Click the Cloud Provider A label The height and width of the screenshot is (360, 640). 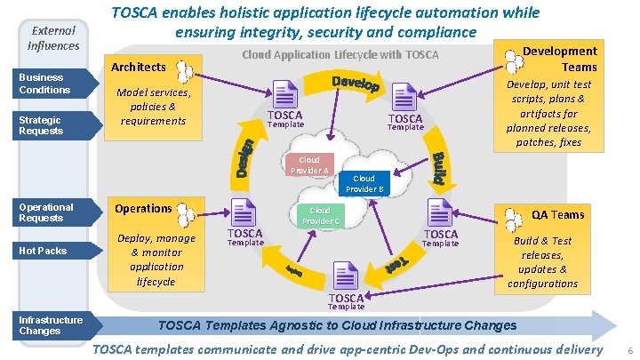click(x=309, y=165)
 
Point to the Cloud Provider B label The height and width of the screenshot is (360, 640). click(x=364, y=184)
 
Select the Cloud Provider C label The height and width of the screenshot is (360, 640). click(x=320, y=216)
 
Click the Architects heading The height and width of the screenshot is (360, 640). click(x=138, y=67)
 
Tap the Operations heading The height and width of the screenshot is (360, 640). click(x=143, y=208)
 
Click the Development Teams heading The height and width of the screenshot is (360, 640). click(x=559, y=59)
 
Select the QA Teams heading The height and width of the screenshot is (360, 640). click(x=557, y=214)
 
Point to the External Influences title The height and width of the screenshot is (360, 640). click(x=55, y=38)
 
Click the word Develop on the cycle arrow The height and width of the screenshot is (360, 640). click(x=356, y=85)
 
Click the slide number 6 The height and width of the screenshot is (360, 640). click(x=629, y=352)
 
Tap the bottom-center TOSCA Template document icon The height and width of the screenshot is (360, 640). click(x=345, y=276)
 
